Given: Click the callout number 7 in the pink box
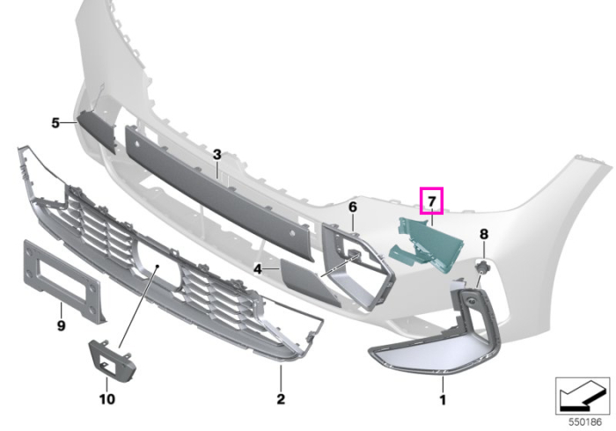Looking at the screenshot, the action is point(432,201).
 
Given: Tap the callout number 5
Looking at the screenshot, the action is point(55,123).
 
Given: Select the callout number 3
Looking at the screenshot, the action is point(217,155).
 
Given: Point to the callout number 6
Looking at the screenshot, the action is point(352,207).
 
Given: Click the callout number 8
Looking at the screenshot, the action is point(484,234).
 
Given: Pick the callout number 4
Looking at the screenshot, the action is point(258,269).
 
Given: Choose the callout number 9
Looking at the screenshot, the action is point(62,325).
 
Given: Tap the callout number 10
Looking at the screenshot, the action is point(106,399).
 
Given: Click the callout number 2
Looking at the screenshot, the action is point(281,398).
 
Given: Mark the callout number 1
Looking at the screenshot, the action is point(443,400).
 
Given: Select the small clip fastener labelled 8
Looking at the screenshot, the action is point(481,268).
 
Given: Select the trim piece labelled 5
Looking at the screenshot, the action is point(96,131).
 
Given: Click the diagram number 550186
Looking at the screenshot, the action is point(585,422).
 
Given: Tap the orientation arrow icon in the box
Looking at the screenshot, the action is point(582,396).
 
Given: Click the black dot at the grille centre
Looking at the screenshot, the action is point(157,267).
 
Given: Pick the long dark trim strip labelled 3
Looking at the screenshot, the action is point(220,193).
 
